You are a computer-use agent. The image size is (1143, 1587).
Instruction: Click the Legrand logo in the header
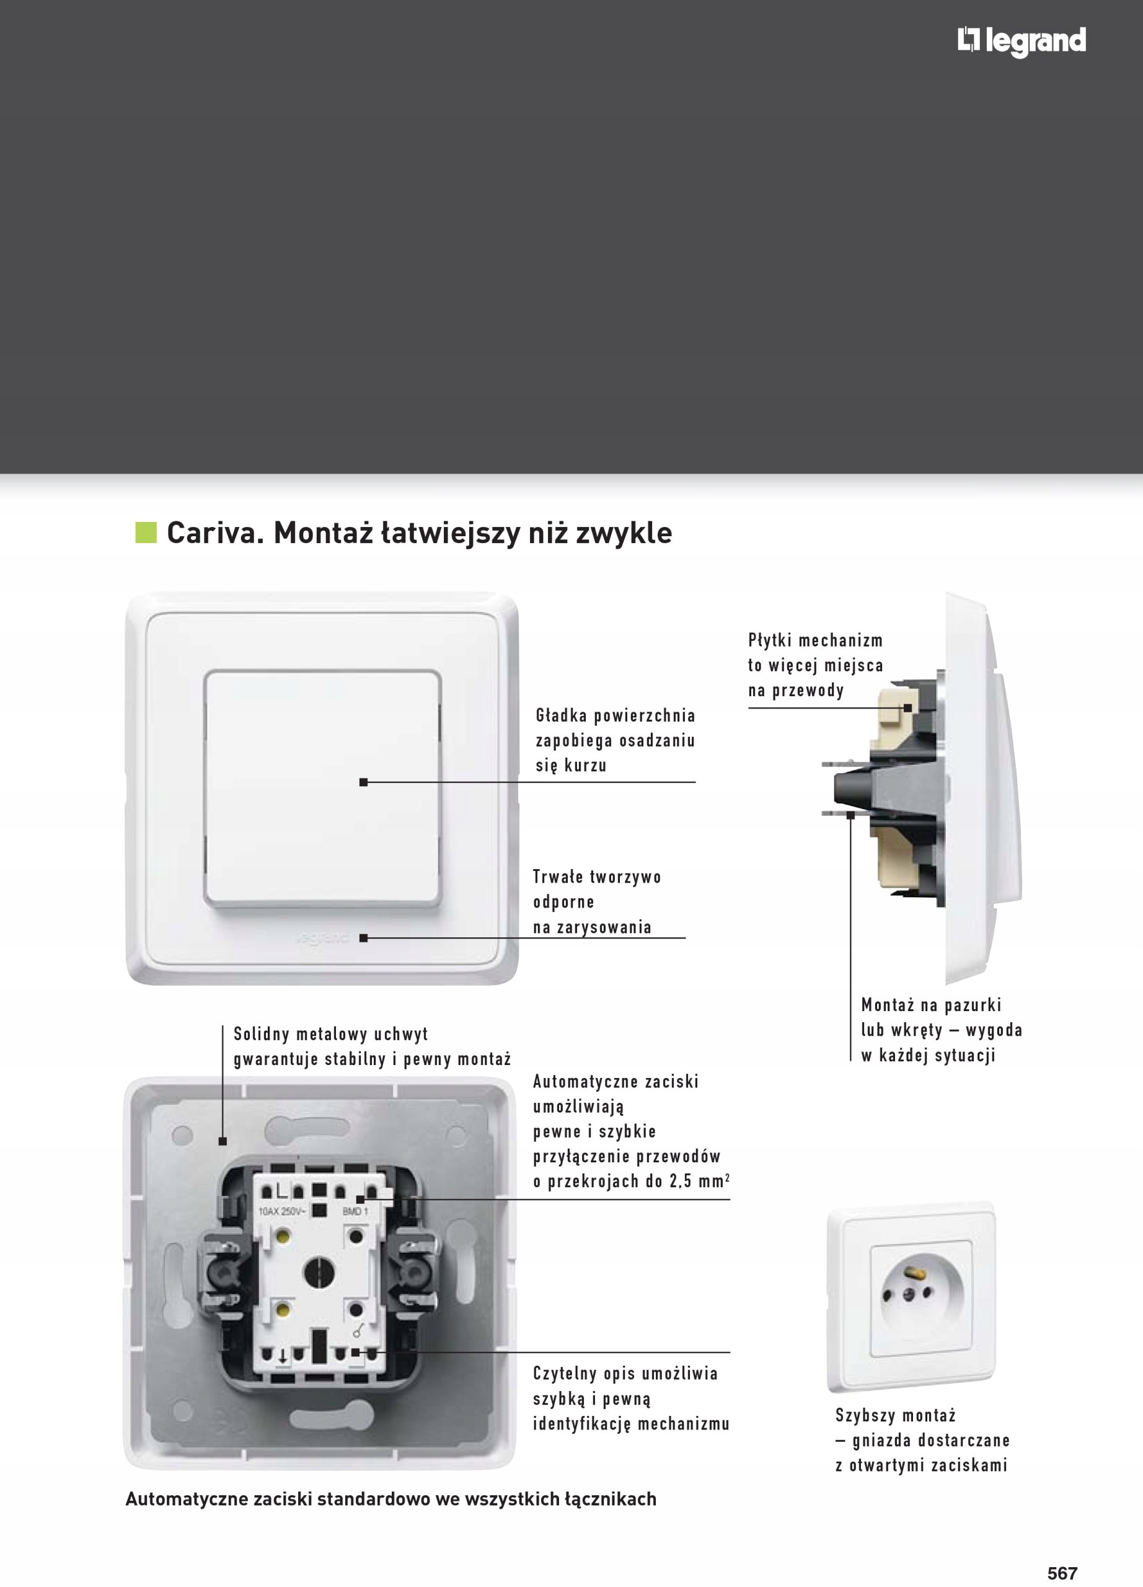click(1022, 42)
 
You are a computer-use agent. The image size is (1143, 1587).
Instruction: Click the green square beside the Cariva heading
click(146, 533)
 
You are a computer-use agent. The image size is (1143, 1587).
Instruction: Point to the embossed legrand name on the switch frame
click(322, 938)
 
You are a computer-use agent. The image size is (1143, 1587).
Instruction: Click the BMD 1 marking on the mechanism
click(355, 1211)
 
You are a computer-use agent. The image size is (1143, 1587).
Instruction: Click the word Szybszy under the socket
click(860, 1415)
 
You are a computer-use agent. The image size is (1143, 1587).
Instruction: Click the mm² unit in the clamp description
click(713, 1181)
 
